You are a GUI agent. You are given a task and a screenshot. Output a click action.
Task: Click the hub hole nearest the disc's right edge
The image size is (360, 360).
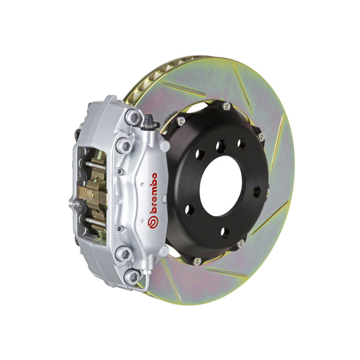point(256,191)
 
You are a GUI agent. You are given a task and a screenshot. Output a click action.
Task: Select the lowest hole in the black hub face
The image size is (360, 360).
point(225,231)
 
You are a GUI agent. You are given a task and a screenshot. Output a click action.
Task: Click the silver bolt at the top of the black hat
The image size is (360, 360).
point(226,106)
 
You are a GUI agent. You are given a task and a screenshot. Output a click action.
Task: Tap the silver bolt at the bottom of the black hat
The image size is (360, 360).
point(196,260)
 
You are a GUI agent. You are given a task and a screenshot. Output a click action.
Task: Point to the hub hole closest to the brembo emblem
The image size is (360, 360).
point(190,210)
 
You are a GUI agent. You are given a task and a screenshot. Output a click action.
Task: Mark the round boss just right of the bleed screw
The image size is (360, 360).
point(164,145)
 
